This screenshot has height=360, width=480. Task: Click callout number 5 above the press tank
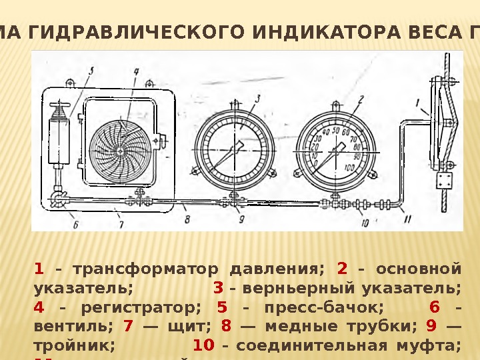click(x=91, y=69)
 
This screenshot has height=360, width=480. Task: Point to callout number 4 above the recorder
click(x=135, y=70)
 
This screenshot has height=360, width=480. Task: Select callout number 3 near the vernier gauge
click(x=257, y=98)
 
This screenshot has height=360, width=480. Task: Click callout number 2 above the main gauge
click(x=361, y=99)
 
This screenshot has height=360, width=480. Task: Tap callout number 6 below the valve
click(x=75, y=224)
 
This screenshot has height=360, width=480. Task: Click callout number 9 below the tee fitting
click(x=241, y=218)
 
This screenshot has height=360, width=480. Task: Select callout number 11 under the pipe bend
click(x=407, y=218)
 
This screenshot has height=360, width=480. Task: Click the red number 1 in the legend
click(x=39, y=269)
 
